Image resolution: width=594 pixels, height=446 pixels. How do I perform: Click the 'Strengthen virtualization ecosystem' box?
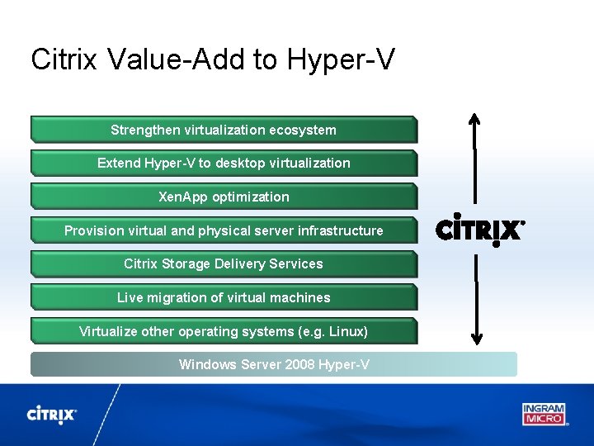(x=224, y=130)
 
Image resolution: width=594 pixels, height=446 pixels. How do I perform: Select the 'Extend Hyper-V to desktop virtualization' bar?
(x=224, y=163)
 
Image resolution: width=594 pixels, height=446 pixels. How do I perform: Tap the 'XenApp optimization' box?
(x=224, y=197)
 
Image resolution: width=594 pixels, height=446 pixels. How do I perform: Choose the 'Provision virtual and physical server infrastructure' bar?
(x=224, y=230)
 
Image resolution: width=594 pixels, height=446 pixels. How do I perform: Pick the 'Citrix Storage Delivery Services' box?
(x=224, y=263)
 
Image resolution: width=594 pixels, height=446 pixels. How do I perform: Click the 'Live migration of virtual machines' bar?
(x=224, y=297)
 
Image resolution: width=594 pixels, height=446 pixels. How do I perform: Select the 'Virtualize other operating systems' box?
(x=224, y=331)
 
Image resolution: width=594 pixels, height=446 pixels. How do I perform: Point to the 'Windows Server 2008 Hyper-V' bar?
(x=274, y=364)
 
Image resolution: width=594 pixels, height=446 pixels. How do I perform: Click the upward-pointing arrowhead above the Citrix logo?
(x=475, y=118)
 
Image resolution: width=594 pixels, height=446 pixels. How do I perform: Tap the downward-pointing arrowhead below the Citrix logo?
(x=476, y=336)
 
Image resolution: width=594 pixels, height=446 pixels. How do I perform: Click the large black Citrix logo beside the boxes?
(x=479, y=230)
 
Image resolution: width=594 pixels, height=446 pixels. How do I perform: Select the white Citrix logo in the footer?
(x=52, y=415)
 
